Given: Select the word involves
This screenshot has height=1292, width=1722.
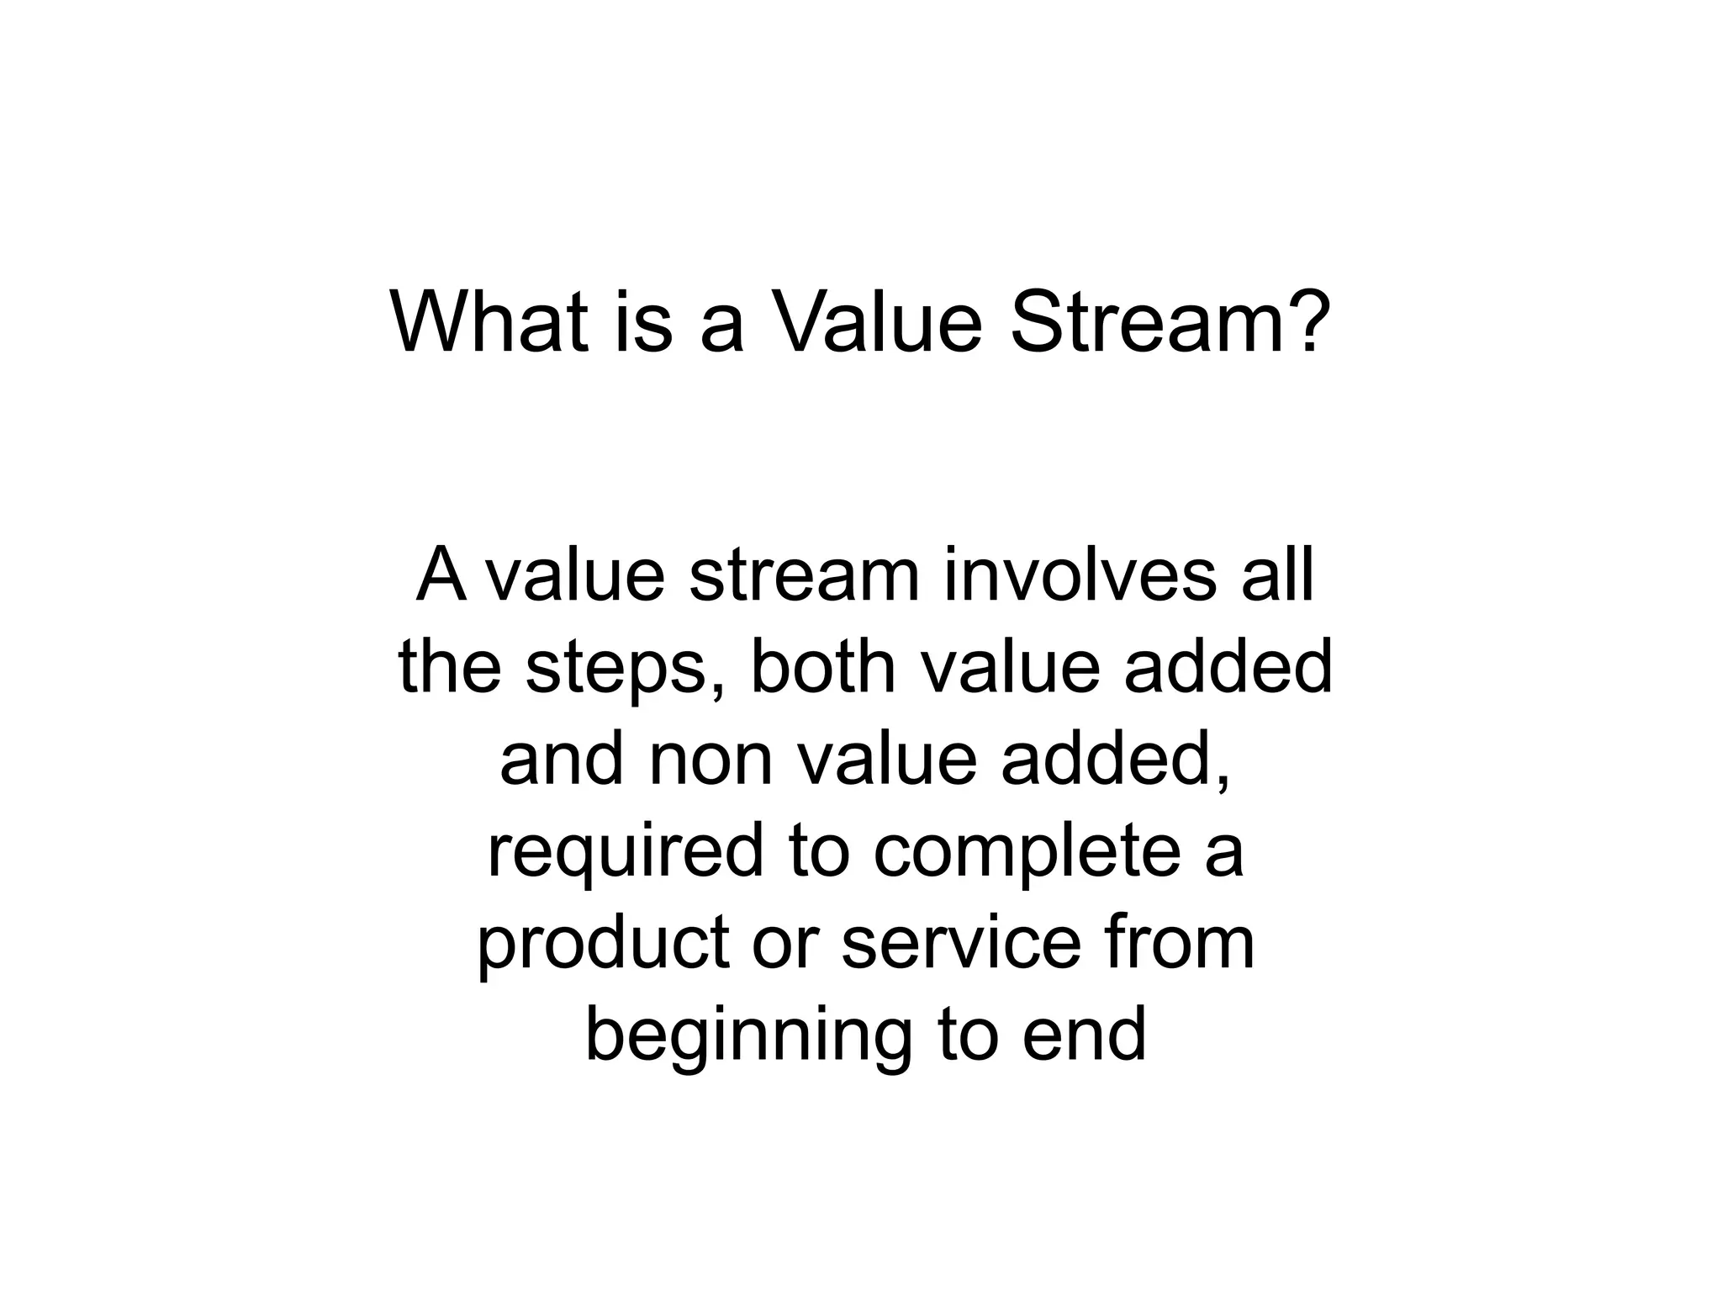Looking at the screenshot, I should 1079,576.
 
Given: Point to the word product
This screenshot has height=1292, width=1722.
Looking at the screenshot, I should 604,945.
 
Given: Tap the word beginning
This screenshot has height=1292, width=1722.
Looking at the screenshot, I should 747,1037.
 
